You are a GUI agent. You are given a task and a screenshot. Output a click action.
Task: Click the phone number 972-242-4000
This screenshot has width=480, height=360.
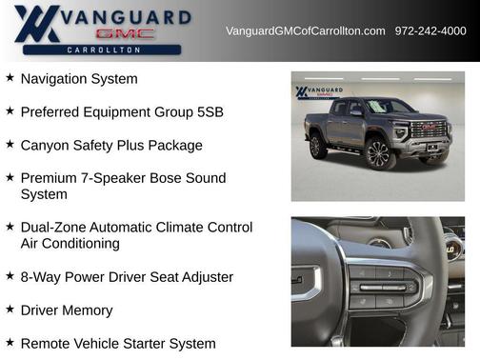point(430,30)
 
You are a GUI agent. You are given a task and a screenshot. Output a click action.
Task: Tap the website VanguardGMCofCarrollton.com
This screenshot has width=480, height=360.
point(306,30)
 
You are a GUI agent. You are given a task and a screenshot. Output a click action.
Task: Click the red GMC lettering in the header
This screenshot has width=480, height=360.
point(125,33)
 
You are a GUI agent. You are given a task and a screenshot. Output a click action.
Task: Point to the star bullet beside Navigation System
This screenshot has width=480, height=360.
point(10,78)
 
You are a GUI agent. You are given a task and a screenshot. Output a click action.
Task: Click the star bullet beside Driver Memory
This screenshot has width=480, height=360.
point(10,310)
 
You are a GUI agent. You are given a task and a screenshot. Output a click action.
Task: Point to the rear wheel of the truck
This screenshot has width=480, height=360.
point(317,146)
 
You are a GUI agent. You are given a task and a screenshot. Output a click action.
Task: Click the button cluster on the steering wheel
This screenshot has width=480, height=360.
point(382,287)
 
